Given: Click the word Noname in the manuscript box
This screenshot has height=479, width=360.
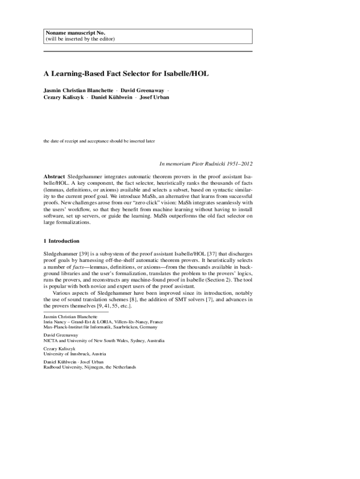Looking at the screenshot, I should click(x=56, y=33).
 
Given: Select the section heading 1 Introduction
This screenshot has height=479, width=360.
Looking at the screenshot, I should click(x=61, y=241).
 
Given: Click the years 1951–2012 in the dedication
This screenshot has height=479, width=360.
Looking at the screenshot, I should click(x=240, y=164).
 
